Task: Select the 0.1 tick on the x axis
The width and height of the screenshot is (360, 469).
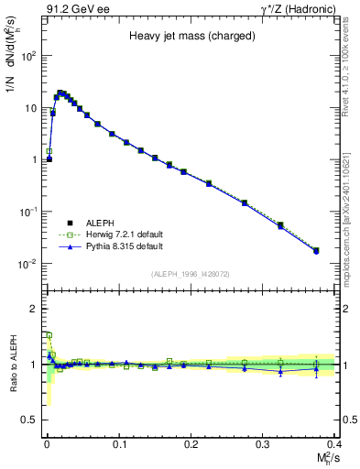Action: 119,443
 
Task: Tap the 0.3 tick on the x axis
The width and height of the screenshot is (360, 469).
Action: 263,443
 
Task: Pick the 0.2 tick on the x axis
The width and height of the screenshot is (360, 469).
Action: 191,443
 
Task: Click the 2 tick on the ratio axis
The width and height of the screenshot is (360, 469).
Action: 35,309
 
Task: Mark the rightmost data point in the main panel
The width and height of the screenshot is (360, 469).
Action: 316,250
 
